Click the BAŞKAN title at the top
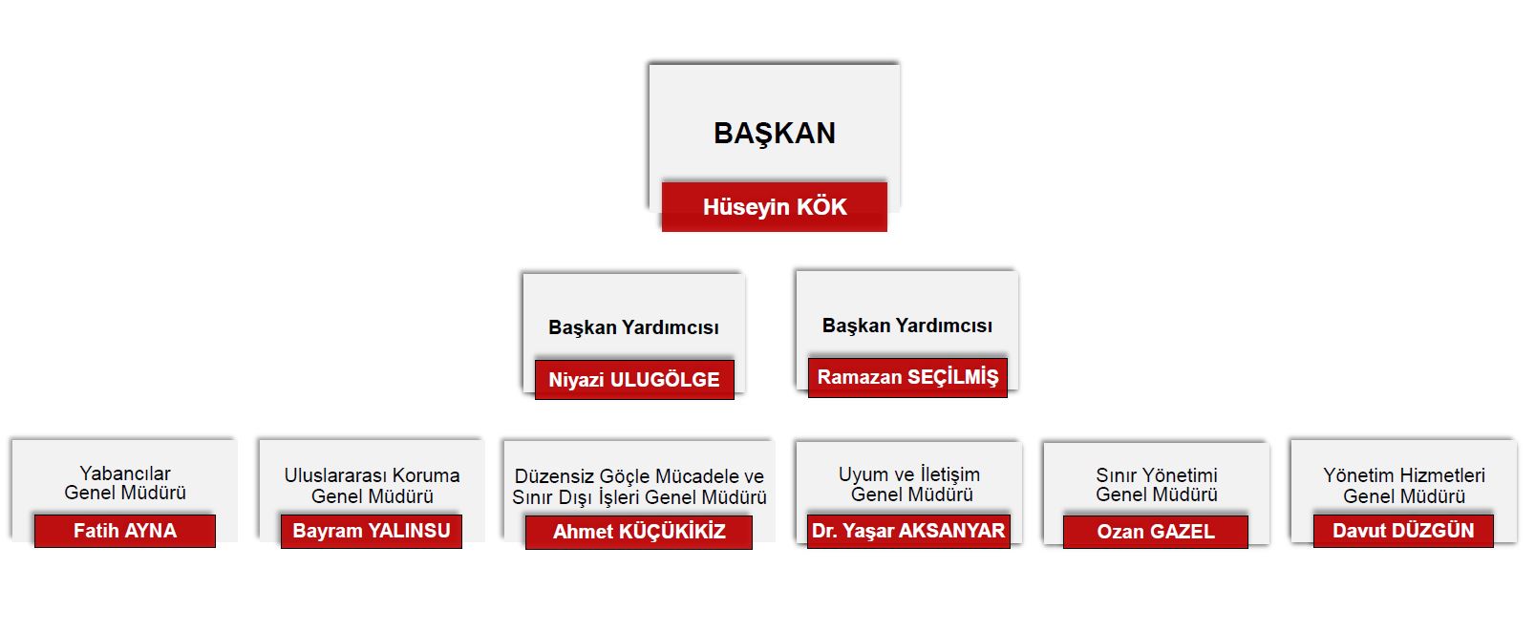click(775, 134)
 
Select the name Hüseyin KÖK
click(775, 207)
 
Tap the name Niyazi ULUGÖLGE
click(634, 380)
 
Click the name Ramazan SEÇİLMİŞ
click(907, 377)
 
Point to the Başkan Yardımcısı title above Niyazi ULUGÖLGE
click(633, 327)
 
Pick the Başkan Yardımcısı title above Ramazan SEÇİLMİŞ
click(906, 326)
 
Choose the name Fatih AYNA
click(125, 531)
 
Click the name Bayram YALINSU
click(372, 531)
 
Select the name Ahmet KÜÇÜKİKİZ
click(639, 532)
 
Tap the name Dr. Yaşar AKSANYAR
click(908, 531)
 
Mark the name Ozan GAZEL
click(1156, 532)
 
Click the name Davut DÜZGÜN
click(1403, 531)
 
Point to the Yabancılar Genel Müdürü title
click(125, 483)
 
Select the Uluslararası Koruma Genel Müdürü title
click(372, 485)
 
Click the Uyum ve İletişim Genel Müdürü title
click(910, 484)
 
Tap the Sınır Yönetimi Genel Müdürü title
click(1156, 484)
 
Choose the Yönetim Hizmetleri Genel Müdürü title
click(1403, 485)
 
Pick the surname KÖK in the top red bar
click(821, 207)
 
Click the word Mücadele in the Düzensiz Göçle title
click(697, 476)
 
